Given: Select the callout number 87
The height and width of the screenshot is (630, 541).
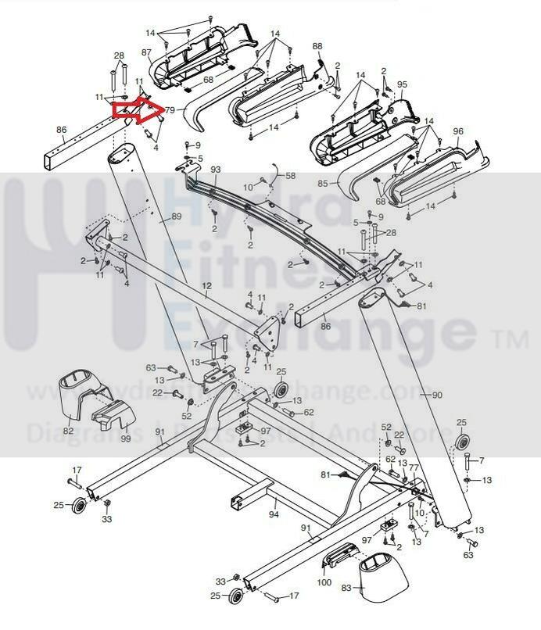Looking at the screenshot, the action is [x=146, y=52].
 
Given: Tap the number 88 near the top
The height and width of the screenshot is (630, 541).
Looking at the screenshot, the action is [x=317, y=46].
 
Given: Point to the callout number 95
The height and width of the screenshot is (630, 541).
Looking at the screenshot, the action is [x=402, y=84].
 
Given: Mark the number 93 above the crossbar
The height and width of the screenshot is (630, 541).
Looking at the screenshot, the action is [x=216, y=170].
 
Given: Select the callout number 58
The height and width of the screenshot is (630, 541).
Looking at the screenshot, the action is [x=290, y=177].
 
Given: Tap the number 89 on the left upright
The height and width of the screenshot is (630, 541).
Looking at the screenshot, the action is [x=176, y=217].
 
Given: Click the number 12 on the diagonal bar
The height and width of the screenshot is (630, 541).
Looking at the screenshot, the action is [x=207, y=287].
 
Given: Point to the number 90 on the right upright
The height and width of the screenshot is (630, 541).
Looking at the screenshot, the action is [x=436, y=396].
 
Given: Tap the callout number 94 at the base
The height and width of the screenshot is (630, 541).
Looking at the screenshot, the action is [x=274, y=514].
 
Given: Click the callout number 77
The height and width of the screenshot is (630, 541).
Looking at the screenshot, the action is [x=414, y=468].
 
